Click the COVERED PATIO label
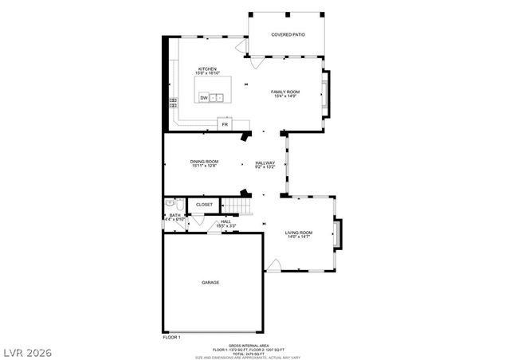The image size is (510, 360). [x=288, y=35]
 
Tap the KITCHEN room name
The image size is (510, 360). [x=207, y=69]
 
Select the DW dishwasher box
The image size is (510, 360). [x=205, y=97]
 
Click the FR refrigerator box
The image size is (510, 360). [x=226, y=125]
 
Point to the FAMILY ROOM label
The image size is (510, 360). [x=285, y=92]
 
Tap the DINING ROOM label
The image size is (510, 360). [x=204, y=162]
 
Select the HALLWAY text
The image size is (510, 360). [x=265, y=162]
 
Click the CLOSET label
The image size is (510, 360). [x=205, y=205]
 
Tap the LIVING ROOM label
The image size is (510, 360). [x=299, y=233]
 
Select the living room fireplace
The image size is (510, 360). [x=339, y=233]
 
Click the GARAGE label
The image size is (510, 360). [x=210, y=282]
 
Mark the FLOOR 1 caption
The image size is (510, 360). [x=172, y=338]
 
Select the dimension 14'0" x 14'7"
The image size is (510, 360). [x=299, y=237]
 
